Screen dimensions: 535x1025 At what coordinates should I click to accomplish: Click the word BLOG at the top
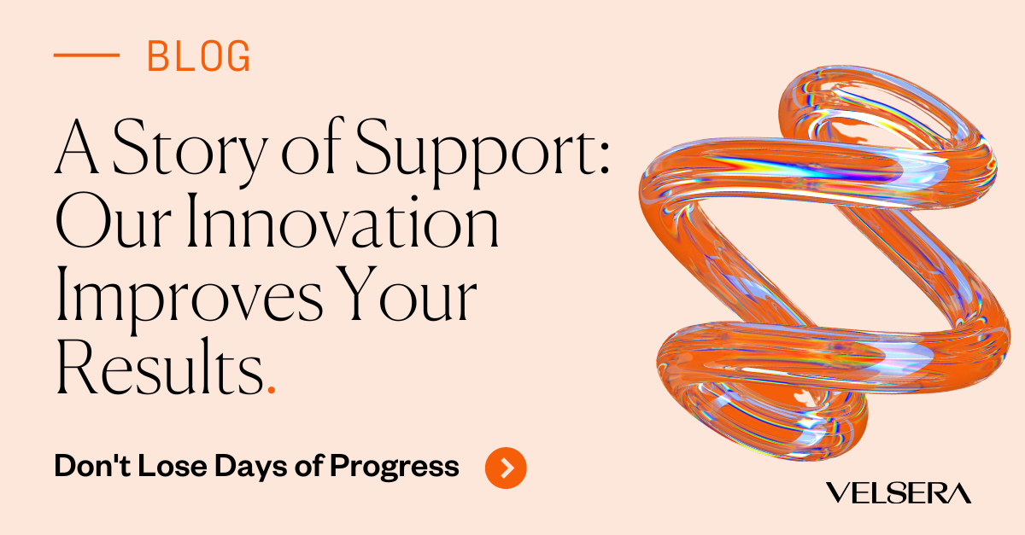pos(199,57)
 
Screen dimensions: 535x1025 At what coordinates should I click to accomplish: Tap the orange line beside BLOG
pos(85,55)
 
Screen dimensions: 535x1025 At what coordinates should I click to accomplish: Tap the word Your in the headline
pos(417,299)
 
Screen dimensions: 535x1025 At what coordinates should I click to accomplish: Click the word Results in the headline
pos(158,369)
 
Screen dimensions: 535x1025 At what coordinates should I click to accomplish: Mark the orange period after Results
pos(271,389)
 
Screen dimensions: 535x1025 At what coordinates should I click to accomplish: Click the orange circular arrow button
pos(506,467)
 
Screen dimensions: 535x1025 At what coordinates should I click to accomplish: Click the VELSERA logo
pos(899,492)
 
